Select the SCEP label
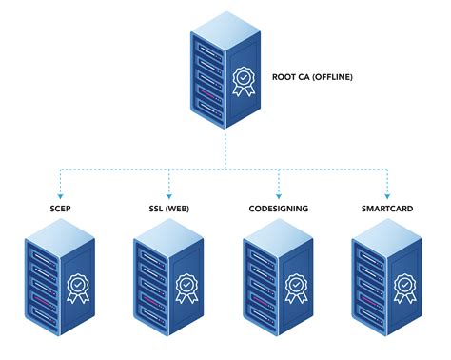(x=59, y=210)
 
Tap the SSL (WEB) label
(x=168, y=210)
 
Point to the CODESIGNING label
(x=278, y=210)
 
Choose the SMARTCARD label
(x=386, y=210)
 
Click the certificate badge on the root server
(x=244, y=79)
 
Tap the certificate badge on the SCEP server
(x=78, y=285)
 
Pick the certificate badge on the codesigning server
(x=297, y=285)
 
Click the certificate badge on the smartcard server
(x=405, y=285)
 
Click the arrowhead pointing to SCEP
(x=59, y=193)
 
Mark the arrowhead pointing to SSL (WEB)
(x=168, y=193)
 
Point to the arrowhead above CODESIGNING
(x=278, y=193)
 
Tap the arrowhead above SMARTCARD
(x=386, y=193)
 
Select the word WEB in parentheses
(x=179, y=210)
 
